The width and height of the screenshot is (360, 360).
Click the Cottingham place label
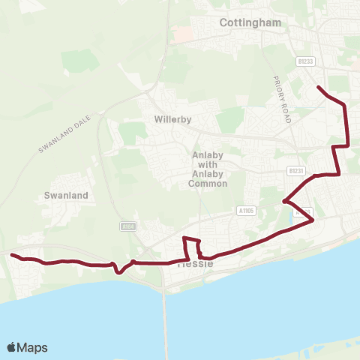pyautogui.click(x=250, y=22)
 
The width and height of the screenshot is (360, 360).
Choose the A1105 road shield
pyautogui.click(x=247, y=211)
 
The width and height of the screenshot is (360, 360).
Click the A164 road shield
pyautogui.click(x=127, y=225)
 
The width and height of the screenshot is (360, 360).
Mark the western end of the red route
pyautogui.click(x=11, y=255)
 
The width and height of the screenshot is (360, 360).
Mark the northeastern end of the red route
pyautogui.click(x=319, y=88)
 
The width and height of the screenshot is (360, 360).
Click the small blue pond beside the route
pyautogui.click(x=291, y=219)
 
